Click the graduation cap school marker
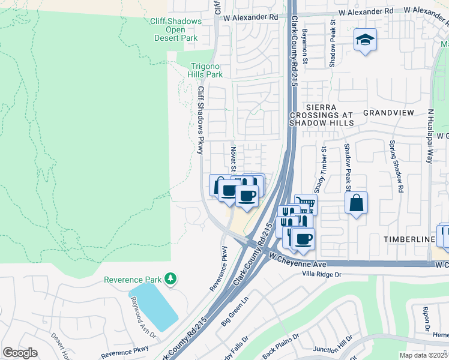click(x=365, y=40)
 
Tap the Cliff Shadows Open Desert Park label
click(x=175, y=29)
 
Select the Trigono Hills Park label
click(x=206, y=70)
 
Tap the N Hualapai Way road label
click(x=430, y=136)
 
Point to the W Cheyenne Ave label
click(x=297, y=260)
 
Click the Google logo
click(x=20, y=353)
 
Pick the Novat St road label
click(x=233, y=159)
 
